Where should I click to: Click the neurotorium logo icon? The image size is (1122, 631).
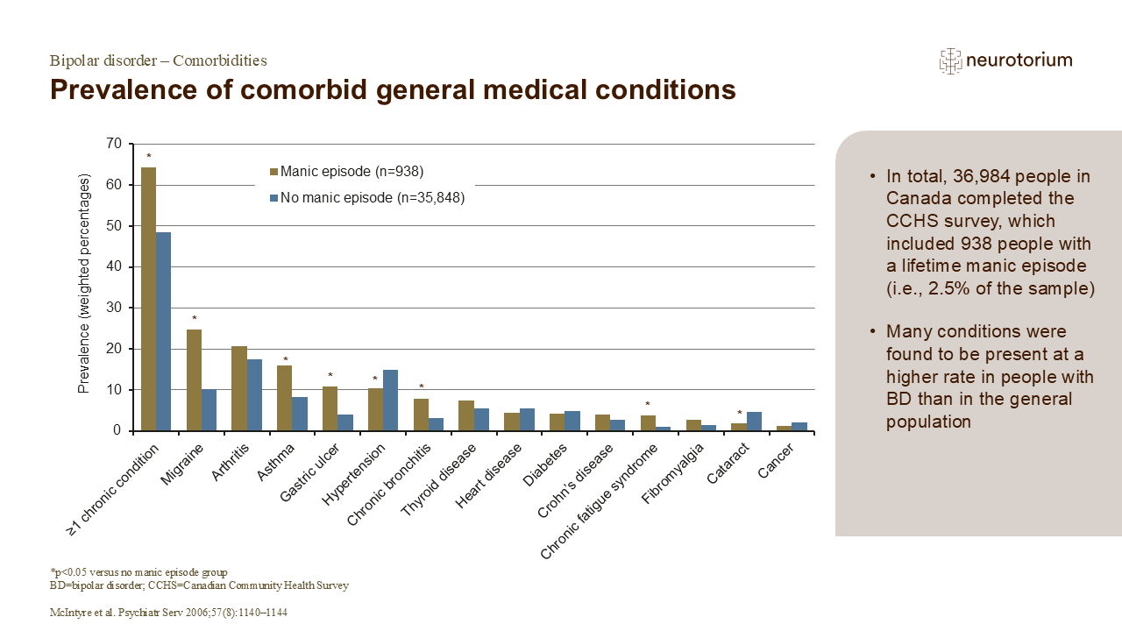coord(950,60)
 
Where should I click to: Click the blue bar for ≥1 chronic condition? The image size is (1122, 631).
coord(164,331)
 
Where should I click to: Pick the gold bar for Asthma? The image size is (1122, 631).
coord(284,398)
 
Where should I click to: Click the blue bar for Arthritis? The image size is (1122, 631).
coord(254,395)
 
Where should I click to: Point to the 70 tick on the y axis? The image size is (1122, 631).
coord(115,144)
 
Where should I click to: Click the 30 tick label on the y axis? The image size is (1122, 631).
coord(115,308)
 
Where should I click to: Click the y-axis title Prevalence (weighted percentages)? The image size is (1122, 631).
coord(85,287)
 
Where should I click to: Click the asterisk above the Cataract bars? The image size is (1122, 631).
coord(739,414)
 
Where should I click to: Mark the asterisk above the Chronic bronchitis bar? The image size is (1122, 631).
coord(421,386)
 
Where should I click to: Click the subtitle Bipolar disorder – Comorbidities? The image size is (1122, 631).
coord(159,60)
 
